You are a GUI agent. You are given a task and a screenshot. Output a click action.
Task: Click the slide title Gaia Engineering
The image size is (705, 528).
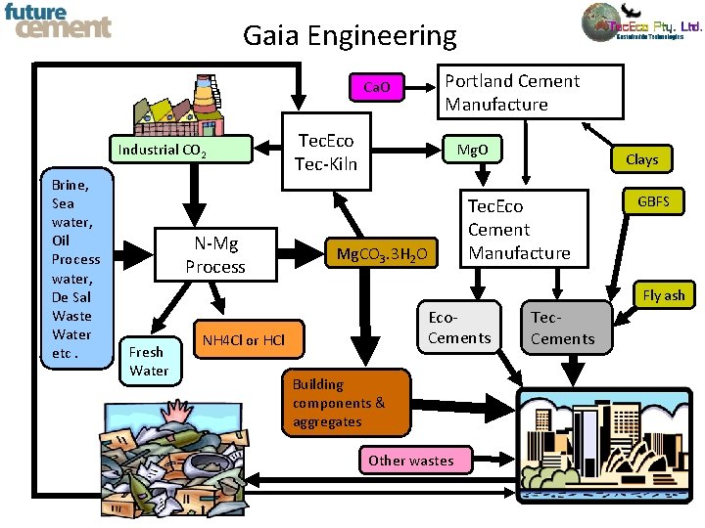(350, 36)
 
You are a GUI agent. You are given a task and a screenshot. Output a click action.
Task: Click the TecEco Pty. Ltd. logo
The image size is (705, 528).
(641, 24)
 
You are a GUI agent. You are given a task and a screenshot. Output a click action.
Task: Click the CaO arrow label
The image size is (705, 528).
(377, 88)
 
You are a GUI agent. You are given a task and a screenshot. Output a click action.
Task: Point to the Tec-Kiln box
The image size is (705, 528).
(326, 153)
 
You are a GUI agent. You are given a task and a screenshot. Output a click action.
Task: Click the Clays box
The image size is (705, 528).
(641, 158)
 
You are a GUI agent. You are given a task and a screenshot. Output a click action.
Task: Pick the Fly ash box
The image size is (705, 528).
(664, 295)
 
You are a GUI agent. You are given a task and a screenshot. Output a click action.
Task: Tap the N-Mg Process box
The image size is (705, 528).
(215, 254)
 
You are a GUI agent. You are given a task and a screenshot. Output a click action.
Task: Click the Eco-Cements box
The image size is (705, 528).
(459, 328)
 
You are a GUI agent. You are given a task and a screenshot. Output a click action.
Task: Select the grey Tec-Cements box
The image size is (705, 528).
(562, 328)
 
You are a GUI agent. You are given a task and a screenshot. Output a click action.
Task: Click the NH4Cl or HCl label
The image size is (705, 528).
(244, 340)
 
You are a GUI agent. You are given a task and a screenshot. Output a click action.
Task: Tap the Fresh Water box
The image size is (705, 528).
(149, 361)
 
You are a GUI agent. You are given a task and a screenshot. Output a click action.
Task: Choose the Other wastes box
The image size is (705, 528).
(410, 461)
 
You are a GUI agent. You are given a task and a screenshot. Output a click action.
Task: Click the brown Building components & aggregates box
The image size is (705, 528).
(347, 403)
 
